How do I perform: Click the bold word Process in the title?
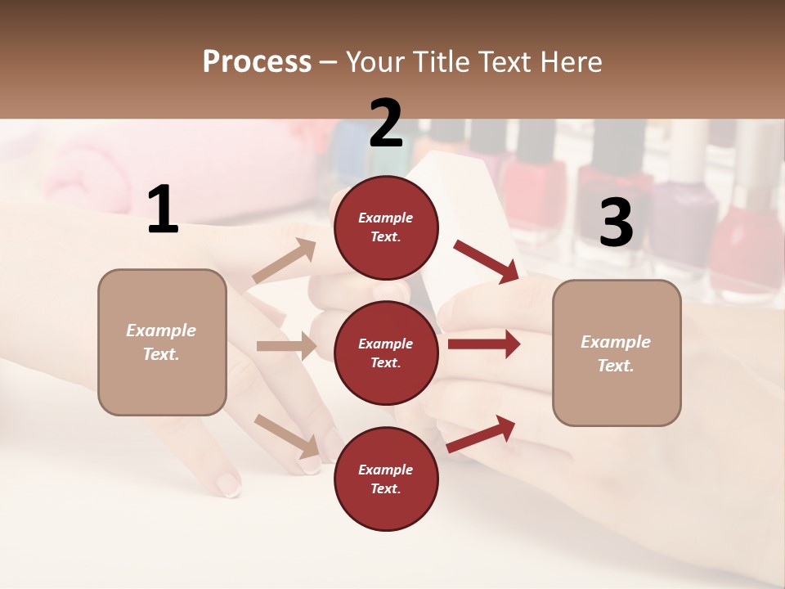click(257, 61)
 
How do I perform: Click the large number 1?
click(163, 210)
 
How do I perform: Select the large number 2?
click(386, 124)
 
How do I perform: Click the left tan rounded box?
click(162, 342)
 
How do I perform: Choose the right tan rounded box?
click(617, 353)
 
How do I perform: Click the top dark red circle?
click(386, 227)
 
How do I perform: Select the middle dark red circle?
click(386, 353)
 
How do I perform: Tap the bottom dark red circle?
click(386, 479)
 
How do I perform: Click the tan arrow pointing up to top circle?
click(284, 262)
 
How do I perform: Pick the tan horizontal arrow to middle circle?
click(286, 346)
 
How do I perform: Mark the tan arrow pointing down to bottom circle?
click(287, 434)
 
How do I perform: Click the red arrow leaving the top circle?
click(487, 262)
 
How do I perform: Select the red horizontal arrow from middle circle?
click(483, 344)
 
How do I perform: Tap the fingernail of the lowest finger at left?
click(228, 486)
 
